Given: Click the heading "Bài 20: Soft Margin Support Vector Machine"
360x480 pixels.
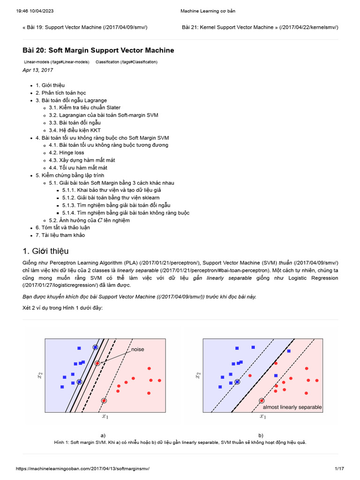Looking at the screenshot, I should pyautogui.click(x=98, y=50).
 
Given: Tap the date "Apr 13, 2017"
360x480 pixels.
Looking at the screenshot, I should pyautogui.click(x=37, y=70).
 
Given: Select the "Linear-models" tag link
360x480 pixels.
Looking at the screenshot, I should pyautogui.click(x=56, y=62).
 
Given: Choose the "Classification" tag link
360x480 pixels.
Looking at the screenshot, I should pyautogui.click(x=126, y=62).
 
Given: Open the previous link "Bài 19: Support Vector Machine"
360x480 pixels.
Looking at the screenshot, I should pyautogui.click(x=85, y=27).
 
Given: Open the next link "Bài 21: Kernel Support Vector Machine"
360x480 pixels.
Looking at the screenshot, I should pyautogui.click(x=260, y=27).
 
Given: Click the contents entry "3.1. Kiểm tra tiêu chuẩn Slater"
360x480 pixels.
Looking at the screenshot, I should pyautogui.click(x=84, y=108).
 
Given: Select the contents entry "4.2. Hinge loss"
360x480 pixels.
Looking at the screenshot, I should pyautogui.click(x=67, y=153).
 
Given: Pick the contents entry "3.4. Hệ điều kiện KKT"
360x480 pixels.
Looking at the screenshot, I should pyautogui.click(x=75, y=130).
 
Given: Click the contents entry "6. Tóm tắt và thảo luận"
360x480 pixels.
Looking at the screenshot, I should pyautogui.click(x=63, y=228).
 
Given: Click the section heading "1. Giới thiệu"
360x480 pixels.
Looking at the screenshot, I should pyautogui.click(x=45, y=251).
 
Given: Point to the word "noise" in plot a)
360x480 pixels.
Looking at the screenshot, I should pyautogui.click(x=138, y=350).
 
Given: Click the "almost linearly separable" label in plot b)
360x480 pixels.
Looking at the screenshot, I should pyautogui.click(x=292, y=407).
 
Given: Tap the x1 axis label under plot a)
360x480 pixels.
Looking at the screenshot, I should pyautogui.click(x=105, y=416).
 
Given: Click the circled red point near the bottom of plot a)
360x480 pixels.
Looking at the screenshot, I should pyautogui.click(x=104, y=401).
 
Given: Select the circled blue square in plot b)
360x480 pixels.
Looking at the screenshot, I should pyautogui.click(x=237, y=382).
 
